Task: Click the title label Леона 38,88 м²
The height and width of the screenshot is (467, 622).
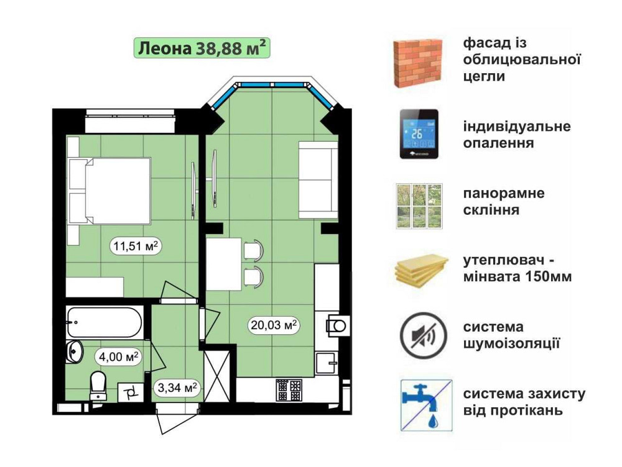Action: [x=202, y=47]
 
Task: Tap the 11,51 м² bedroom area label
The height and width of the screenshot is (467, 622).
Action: [x=136, y=246]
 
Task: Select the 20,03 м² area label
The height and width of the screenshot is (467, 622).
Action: [x=273, y=324]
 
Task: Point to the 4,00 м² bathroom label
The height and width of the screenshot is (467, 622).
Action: [x=117, y=356]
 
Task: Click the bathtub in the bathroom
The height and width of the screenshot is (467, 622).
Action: [x=106, y=322]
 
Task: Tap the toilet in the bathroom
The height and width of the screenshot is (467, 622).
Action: [x=99, y=385]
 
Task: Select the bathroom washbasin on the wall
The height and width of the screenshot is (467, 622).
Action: [x=74, y=352]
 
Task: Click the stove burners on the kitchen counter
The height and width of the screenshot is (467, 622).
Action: [x=288, y=390]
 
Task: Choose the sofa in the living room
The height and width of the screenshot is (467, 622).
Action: [x=317, y=180]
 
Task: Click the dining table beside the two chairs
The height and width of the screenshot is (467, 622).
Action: [x=223, y=264]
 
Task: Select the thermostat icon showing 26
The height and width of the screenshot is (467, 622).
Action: [x=418, y=134]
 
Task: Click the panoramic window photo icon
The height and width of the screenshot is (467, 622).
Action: [x=419, y=206]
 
